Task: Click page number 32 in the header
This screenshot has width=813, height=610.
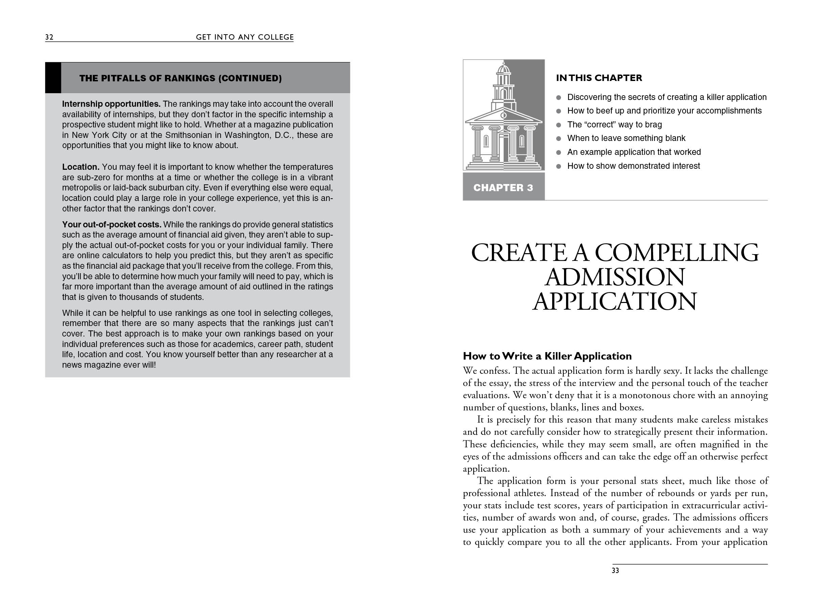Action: click(x=49, y=37)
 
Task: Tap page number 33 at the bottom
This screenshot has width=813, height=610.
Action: click(x=615, y=570)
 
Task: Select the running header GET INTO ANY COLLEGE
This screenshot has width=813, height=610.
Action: click(x=245, y=37)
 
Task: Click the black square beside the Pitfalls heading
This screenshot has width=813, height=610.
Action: click(x=53, y=78)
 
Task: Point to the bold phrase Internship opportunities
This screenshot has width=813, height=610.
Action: click(x=111, y=104)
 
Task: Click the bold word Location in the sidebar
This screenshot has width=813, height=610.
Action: click(x=81, y=167)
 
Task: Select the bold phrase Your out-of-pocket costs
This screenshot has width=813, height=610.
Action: click(x=111, y=225)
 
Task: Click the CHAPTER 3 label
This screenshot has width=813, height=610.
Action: click(x=503, y=188)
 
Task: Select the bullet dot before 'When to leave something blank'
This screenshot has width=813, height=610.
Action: click(x=559, y=139)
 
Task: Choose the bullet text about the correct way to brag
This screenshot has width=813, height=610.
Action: click(x=614, y=125)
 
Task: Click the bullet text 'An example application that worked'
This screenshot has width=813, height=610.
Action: click(x=634, y=152)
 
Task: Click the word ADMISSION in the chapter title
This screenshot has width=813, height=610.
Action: click(x=615, y=277)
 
